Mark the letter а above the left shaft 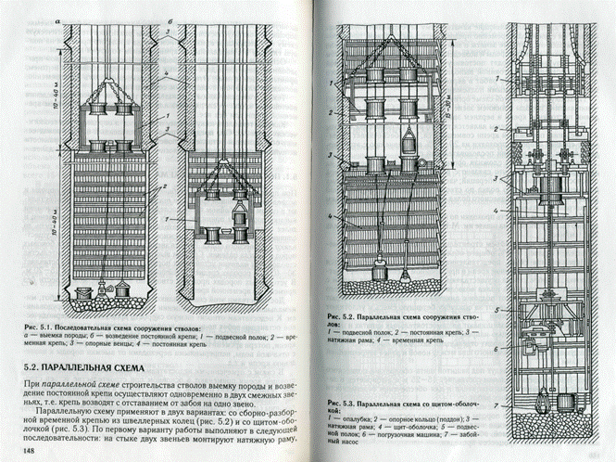[57, 18]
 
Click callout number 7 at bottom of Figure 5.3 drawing [498, 406]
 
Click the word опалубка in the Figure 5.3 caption [362, 422]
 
